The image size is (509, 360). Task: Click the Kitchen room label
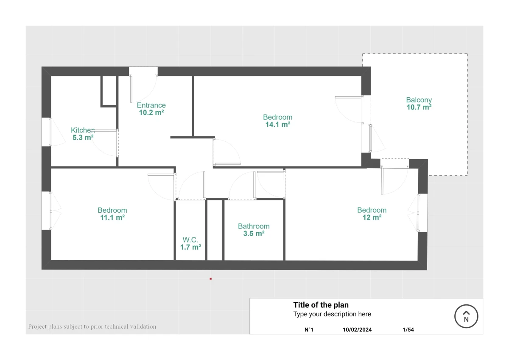pyautogui.click(x=83, y=130)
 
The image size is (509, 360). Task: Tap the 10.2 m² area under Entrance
pyautogui.click(x=151, y=112)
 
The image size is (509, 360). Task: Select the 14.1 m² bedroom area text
pyautogui.click(x=278, y=124)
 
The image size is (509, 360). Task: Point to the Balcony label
pyautogui.click(x=419, y=100)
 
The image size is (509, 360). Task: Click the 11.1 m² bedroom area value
pyautogui.click(x=112, y=217)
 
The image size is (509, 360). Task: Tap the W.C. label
pyautogui.click(x=190, y=239)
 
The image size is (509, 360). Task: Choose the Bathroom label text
pyautogui.click(x=254, y=226)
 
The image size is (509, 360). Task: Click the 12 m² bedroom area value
pyautogui.click(x=372, y=217)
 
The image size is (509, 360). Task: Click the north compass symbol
pyautogui.click(x=466, y=316)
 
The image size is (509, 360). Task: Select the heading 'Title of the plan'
pyautogui.click(x=321, y=305)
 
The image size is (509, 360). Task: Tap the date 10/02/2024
pyautogui.click(x=357, y=329)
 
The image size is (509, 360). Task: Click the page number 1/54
pyautogui.click(x=408, y=329)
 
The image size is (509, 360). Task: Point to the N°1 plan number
pyautogui.click(x=309, y=329)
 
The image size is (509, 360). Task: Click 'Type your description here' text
pyautogui.click(x=332, y=314)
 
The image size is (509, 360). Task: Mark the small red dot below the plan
pyautogui.click(x=211, y=278)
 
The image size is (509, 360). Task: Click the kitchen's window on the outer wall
pyautogui.click(x=47, y=132)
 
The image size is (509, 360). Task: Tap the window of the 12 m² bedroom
pyautogui.click(x=422, y=213)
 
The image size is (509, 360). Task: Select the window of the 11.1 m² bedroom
pyautogui.click(x=47, y=211)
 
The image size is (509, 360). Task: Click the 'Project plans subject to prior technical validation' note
pyautogui.click(x=92, y=326)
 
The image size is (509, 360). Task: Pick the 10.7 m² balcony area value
pyautogui.click(x=419, y=107)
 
